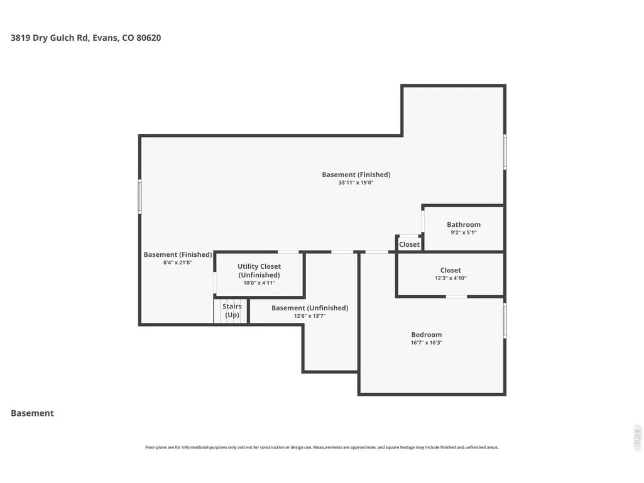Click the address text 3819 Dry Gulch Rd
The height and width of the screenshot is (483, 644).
49,38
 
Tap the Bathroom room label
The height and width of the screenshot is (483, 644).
464,225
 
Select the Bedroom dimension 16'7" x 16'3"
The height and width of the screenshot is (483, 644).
427,342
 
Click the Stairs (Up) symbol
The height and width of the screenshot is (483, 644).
231,311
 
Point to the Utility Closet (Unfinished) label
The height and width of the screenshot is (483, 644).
259,271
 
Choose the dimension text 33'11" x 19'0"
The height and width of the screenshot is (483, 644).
356,183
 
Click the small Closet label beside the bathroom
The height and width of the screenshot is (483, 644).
410,244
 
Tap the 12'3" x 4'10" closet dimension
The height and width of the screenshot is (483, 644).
450,278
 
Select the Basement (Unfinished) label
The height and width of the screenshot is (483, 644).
310,308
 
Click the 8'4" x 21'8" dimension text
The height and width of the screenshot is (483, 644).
177,263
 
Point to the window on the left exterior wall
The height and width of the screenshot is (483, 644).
139,197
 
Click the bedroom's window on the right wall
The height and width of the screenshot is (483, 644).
505,321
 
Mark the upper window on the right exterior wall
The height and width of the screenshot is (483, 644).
505,151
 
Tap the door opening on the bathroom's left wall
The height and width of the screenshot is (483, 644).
423,222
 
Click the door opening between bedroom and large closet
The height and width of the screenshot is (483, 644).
456,296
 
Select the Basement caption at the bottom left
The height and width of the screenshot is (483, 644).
32,413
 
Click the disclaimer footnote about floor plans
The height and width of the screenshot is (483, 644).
322,447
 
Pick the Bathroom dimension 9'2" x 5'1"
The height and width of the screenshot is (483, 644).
464,232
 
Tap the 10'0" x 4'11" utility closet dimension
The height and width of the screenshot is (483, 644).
259,283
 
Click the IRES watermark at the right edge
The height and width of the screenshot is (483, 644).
637,438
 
